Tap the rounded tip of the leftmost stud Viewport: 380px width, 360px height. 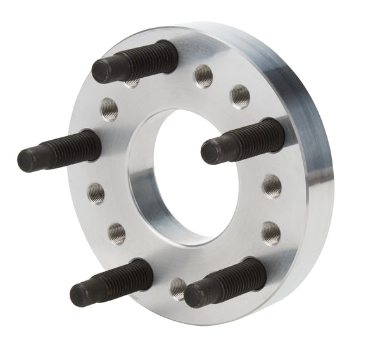(27, 159)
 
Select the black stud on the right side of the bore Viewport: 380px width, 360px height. (244, 142)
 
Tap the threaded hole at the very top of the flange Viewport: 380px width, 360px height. (203, 75)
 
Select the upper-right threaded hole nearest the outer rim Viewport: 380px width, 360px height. (240, 96)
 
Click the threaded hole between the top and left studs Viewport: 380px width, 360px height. (109, 109)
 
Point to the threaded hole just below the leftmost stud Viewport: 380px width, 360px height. (96, 192)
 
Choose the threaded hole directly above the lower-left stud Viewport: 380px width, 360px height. (117, 233)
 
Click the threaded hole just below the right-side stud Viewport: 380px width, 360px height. (272, 186)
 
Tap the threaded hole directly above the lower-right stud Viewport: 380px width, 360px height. (270, 232)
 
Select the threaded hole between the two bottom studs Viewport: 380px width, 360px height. (178, 288)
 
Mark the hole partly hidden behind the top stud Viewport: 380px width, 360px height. (132, 83)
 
